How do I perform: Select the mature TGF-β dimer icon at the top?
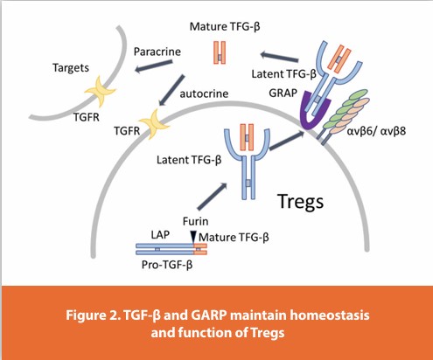point(217,52)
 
